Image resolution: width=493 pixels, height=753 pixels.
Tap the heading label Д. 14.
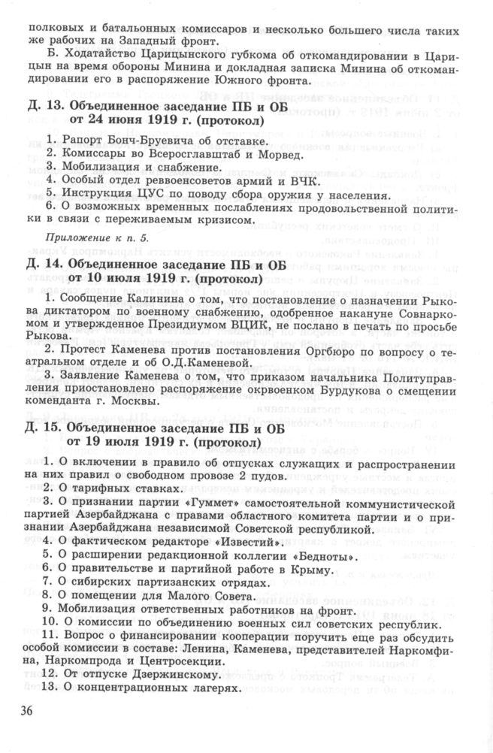(x=44, y=265)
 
